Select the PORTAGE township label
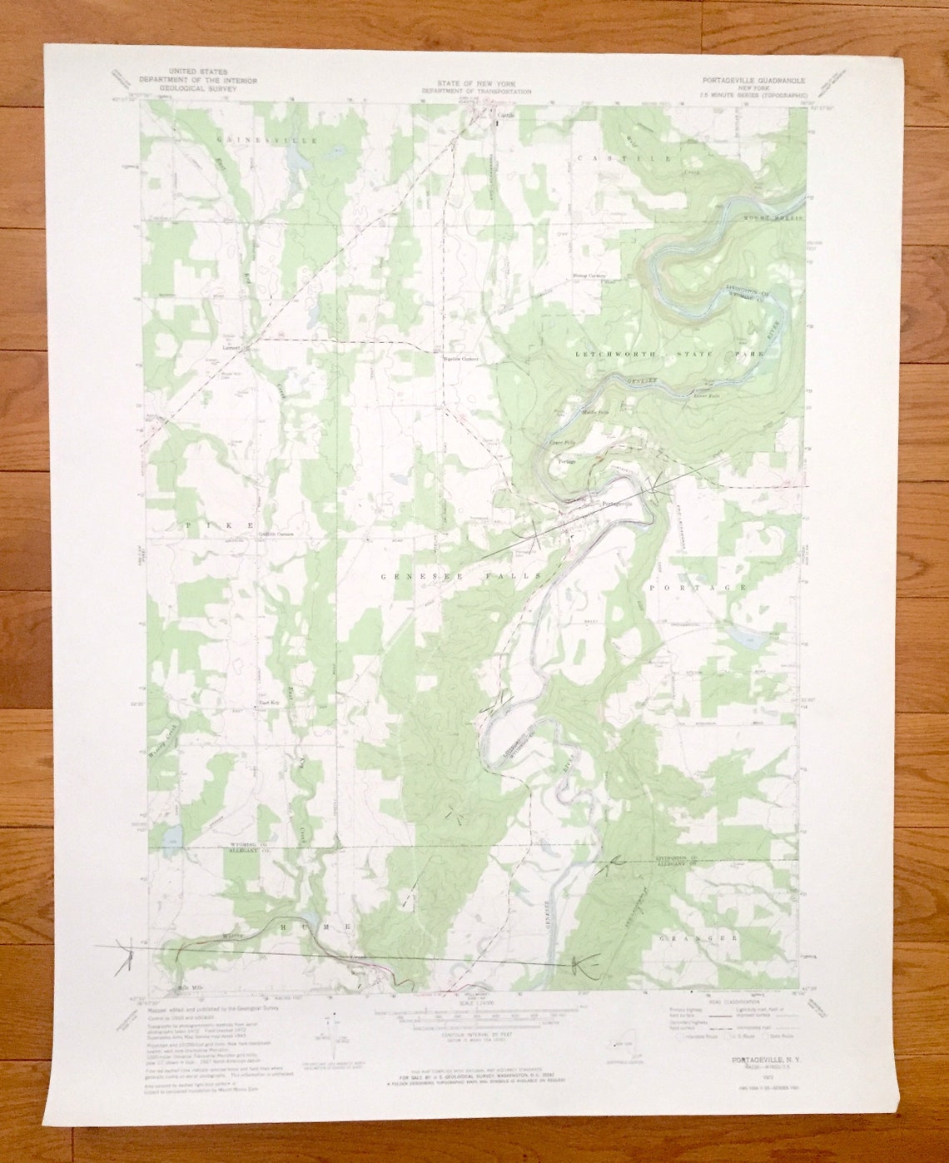698,587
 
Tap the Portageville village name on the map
617,503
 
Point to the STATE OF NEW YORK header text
474,84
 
